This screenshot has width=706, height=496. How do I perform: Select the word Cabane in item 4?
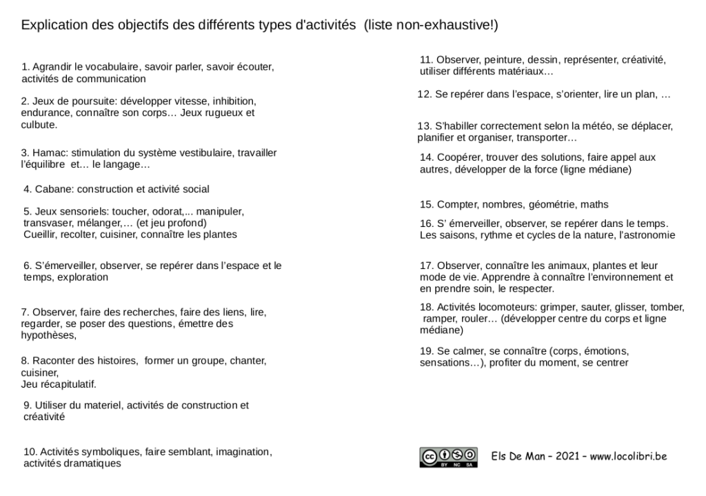point(54,189)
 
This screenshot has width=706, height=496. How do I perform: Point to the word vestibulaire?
point(207,153)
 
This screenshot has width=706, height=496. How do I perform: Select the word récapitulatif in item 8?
point(68,384)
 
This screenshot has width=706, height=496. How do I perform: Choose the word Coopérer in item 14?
point(459,157)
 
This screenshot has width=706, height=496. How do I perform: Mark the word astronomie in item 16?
point(649,235)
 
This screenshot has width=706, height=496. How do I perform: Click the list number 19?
point(425,351)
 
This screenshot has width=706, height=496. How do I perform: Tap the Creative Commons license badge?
point(448,457)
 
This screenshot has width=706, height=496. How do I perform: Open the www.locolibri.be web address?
point(628,456)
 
